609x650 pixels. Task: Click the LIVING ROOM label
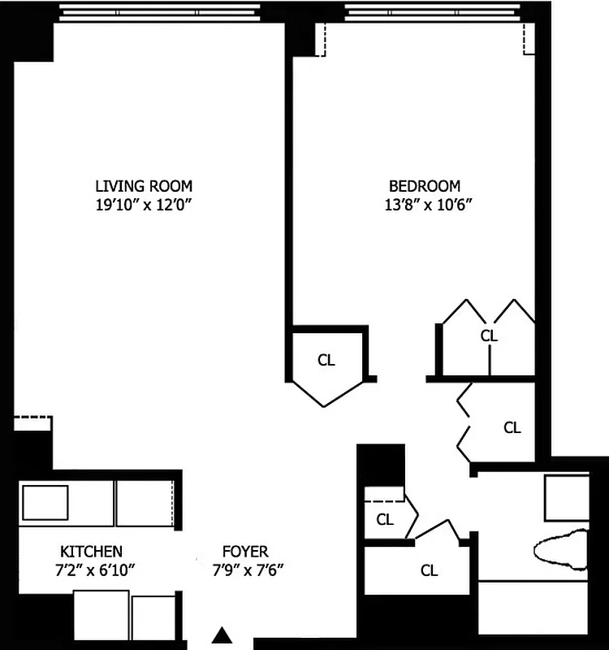[x=144, y=186]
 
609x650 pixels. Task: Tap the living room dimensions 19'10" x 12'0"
[x=144, y=206]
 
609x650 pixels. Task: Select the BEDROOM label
[x=424, y=186]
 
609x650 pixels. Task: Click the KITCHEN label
[x=92, y=551]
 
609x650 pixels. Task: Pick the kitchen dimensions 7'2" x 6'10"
[x=92, y=570]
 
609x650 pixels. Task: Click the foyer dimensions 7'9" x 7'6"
[x=248, y=570]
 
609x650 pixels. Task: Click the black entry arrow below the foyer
[x=222, y=635]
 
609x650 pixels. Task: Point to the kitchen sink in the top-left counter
[x=45, y=502]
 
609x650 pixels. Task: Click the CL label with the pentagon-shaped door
[x=326, y=360]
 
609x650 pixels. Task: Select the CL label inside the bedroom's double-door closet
[x=488, y=335]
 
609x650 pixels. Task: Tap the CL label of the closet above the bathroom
[x=512, y=427]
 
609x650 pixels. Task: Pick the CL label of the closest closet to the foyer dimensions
[x=429, y=570]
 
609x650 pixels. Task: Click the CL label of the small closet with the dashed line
[x=385, y=519]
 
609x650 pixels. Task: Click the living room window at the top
[x=161, y=11]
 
